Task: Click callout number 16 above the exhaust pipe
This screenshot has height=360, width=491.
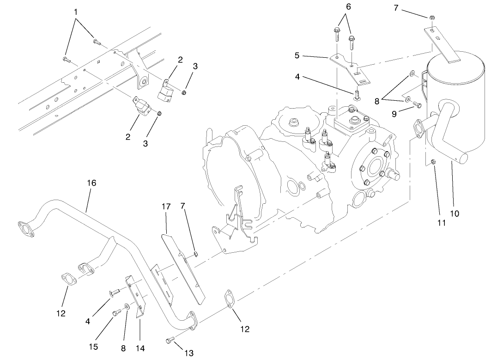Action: [x=91, y=183]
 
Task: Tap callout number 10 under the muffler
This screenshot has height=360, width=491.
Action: [x=455, y=213]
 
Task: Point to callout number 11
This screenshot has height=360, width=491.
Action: [x=442, y=222]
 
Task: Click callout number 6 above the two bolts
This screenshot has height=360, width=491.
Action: [x=348, y=7]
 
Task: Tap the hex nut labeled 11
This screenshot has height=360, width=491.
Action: [x=433, y=162]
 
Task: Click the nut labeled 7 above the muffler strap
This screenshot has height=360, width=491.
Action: [x=430, y=18]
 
